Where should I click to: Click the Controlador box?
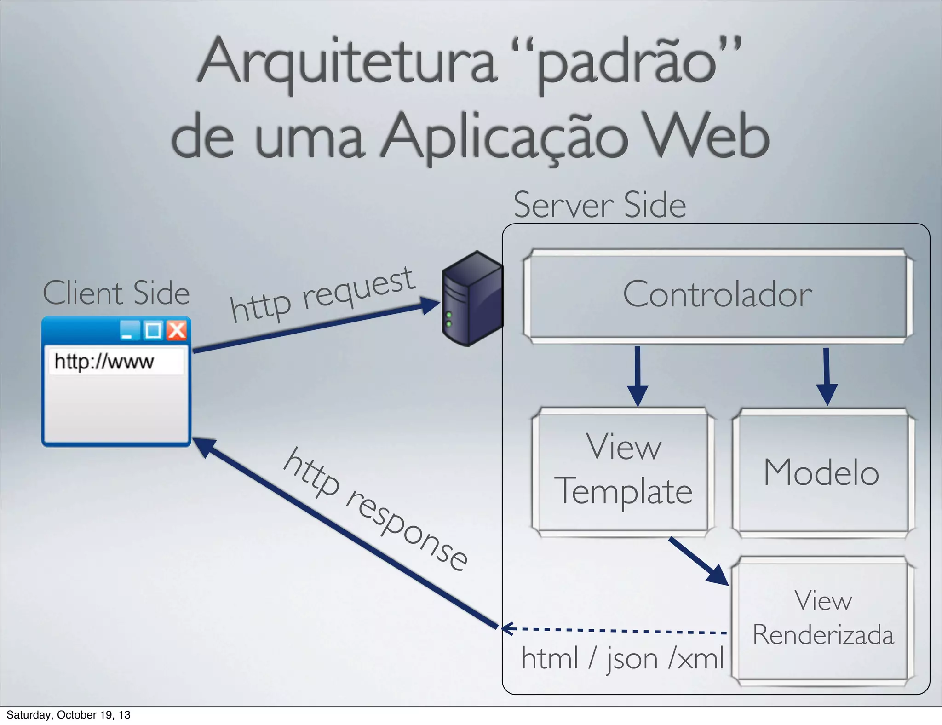(718, 295)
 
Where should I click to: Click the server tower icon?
(471, 299)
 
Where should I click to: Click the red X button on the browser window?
(177, 330)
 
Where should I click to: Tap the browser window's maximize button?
(153, 330)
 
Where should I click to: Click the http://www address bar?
(116, 362)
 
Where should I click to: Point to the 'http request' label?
(322, 294)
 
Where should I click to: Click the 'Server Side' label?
(599, 205)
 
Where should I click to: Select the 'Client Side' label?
(116, 293)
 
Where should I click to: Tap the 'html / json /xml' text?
(622, 658)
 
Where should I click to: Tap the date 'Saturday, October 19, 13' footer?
(68, 715)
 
